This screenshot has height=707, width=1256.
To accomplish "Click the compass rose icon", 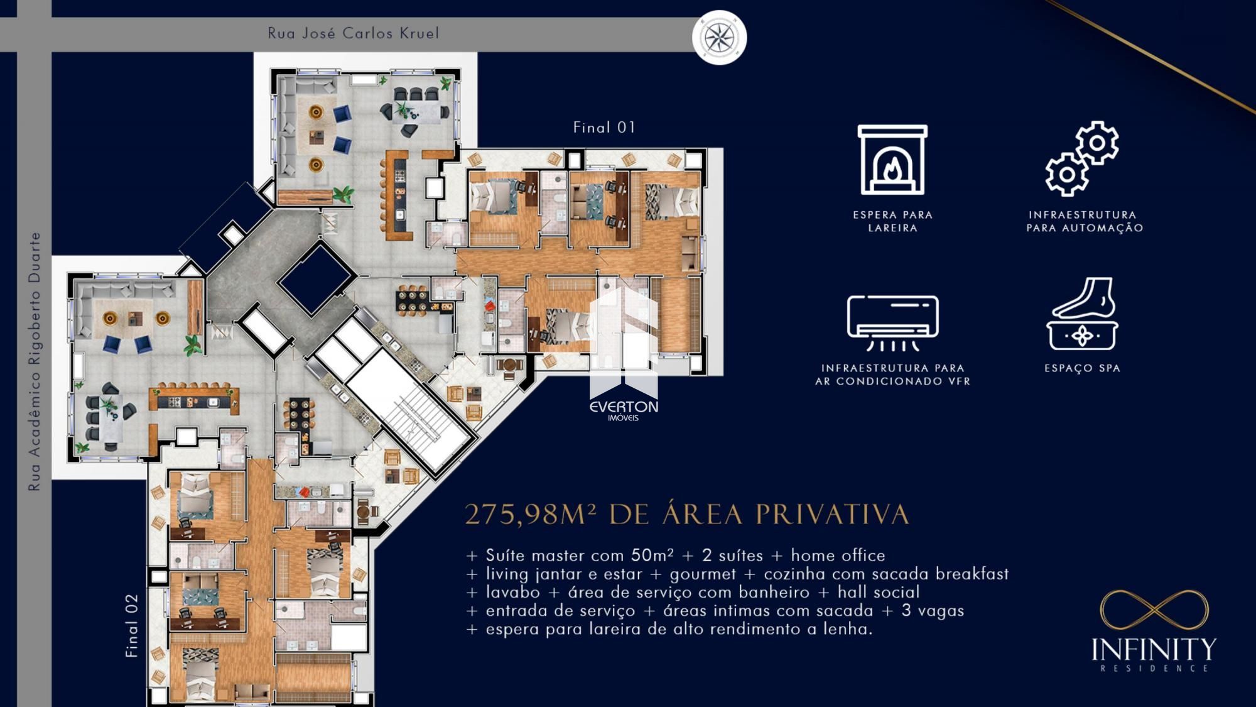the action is (720, 37).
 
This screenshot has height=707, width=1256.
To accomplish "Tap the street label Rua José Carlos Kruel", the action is (354, 33).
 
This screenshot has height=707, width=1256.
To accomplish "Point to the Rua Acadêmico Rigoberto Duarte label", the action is (35, 361).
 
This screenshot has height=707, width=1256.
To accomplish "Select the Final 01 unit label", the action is (604, 128).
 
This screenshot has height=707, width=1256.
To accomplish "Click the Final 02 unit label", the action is (132, 626).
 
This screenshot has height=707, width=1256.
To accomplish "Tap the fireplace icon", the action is (892, 160).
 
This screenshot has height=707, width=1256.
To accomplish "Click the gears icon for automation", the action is (1082, 158).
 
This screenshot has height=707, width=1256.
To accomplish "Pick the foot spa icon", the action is (1082, 314).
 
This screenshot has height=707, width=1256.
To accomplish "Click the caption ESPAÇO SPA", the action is (1082, 368).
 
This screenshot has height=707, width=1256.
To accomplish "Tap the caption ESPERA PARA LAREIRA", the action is (892, 221).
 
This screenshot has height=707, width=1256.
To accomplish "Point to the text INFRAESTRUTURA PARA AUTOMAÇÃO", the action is (1085, 221).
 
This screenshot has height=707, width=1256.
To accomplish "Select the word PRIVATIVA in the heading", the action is (833, 514).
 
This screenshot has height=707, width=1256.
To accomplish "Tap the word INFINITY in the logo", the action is (1154, 650).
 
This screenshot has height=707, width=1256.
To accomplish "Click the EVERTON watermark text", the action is (624, 407).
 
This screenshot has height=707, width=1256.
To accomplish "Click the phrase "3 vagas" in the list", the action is (933, 610).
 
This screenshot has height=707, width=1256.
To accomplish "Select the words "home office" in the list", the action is (838, 556).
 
